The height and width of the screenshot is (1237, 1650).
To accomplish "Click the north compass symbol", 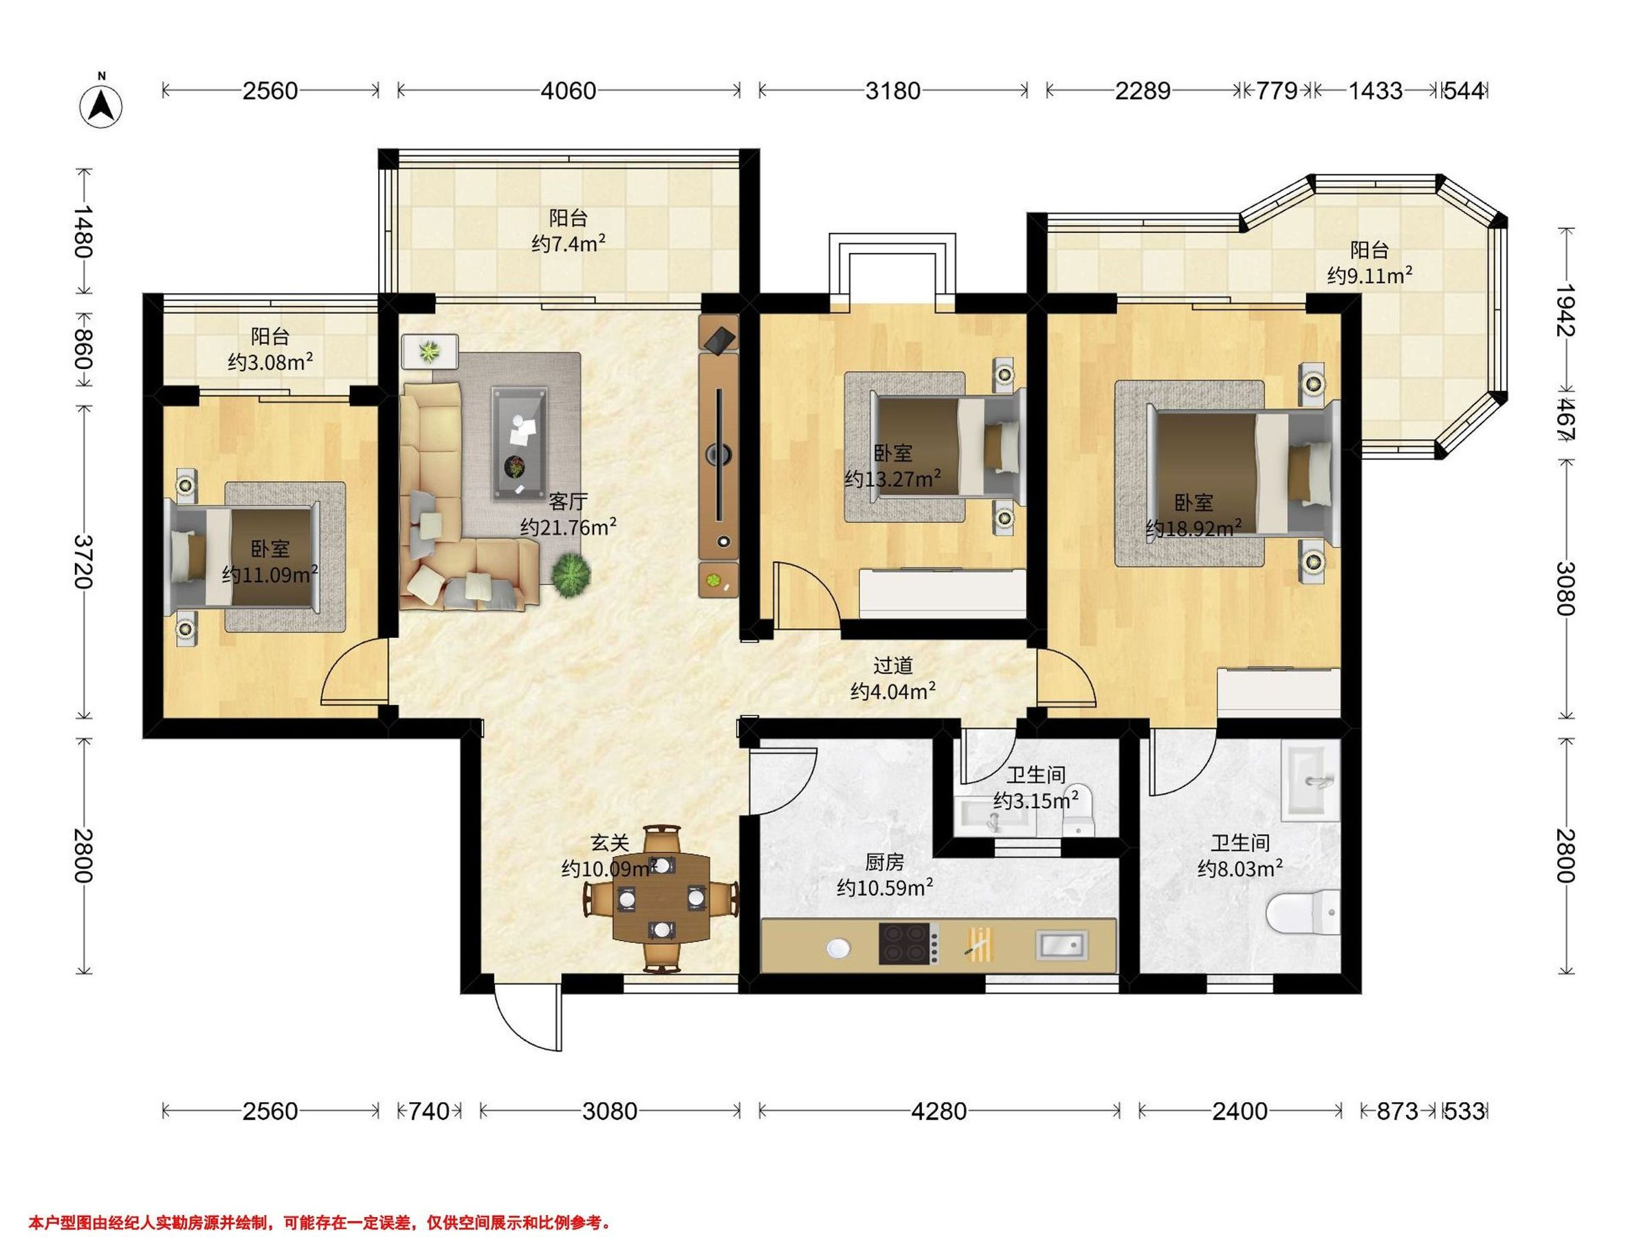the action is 102,105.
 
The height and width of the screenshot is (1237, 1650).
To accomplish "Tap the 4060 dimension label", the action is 569,91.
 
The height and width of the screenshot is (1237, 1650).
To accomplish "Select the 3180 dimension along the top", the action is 893,91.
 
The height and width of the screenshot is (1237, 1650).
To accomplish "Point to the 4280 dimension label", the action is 939,1112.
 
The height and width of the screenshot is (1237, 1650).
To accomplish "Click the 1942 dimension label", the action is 1565,310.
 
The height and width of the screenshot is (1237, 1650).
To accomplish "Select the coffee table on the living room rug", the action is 518,444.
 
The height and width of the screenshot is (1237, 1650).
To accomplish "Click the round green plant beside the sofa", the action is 571,573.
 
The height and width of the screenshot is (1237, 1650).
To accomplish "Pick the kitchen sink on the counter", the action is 1061,945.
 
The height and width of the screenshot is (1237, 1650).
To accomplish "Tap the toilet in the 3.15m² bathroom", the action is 1077,810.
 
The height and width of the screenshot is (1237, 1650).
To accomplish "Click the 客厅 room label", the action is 569,500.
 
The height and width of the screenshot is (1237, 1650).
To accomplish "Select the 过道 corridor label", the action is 893,665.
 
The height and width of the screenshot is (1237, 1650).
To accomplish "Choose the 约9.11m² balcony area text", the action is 1369,276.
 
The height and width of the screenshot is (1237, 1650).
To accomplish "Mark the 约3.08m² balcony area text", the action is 270,362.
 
